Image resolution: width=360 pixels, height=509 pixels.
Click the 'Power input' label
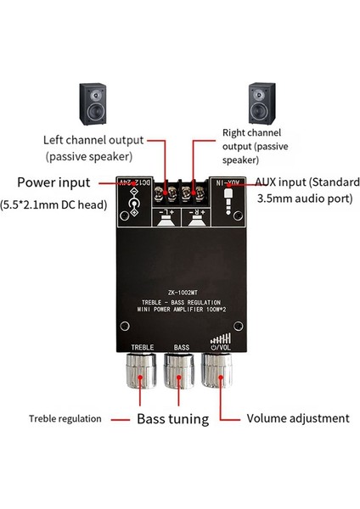(58, 182)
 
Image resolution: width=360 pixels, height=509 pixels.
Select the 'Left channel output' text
(93, 139)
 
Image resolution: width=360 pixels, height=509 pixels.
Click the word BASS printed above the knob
(181, 348)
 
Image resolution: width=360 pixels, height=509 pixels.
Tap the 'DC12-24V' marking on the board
(134, 182)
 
